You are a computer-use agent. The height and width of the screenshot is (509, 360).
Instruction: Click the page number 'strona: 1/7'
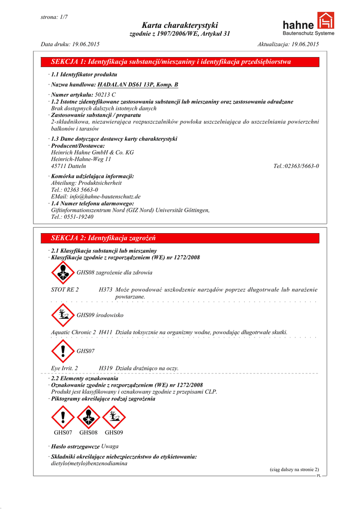(54, 17)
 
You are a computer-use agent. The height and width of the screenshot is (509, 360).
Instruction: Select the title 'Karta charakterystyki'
(180, 25)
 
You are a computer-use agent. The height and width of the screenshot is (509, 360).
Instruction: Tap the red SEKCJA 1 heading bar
(180, 62)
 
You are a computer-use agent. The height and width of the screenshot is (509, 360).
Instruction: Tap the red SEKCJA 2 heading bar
(180, 239)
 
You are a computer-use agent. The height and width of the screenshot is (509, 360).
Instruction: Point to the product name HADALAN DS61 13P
(138, 85)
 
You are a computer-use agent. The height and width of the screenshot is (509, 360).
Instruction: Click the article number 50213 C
(105, 94)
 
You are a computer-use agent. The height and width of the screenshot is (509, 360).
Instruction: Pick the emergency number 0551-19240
(80, 217)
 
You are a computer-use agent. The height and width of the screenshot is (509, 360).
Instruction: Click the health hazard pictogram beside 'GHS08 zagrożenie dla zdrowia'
(63, 272)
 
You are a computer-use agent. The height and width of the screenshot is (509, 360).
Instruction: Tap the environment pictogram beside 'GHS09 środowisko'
(63, 315)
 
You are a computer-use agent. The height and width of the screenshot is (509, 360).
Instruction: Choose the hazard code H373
(105, 290)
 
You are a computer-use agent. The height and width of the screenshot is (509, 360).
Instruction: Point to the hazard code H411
(105, 332)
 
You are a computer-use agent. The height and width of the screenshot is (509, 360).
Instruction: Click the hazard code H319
(105, 368)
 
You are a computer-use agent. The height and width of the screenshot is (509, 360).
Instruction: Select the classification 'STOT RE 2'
(65, 290)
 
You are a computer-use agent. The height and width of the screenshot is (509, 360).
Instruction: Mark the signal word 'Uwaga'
(110, 446)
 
